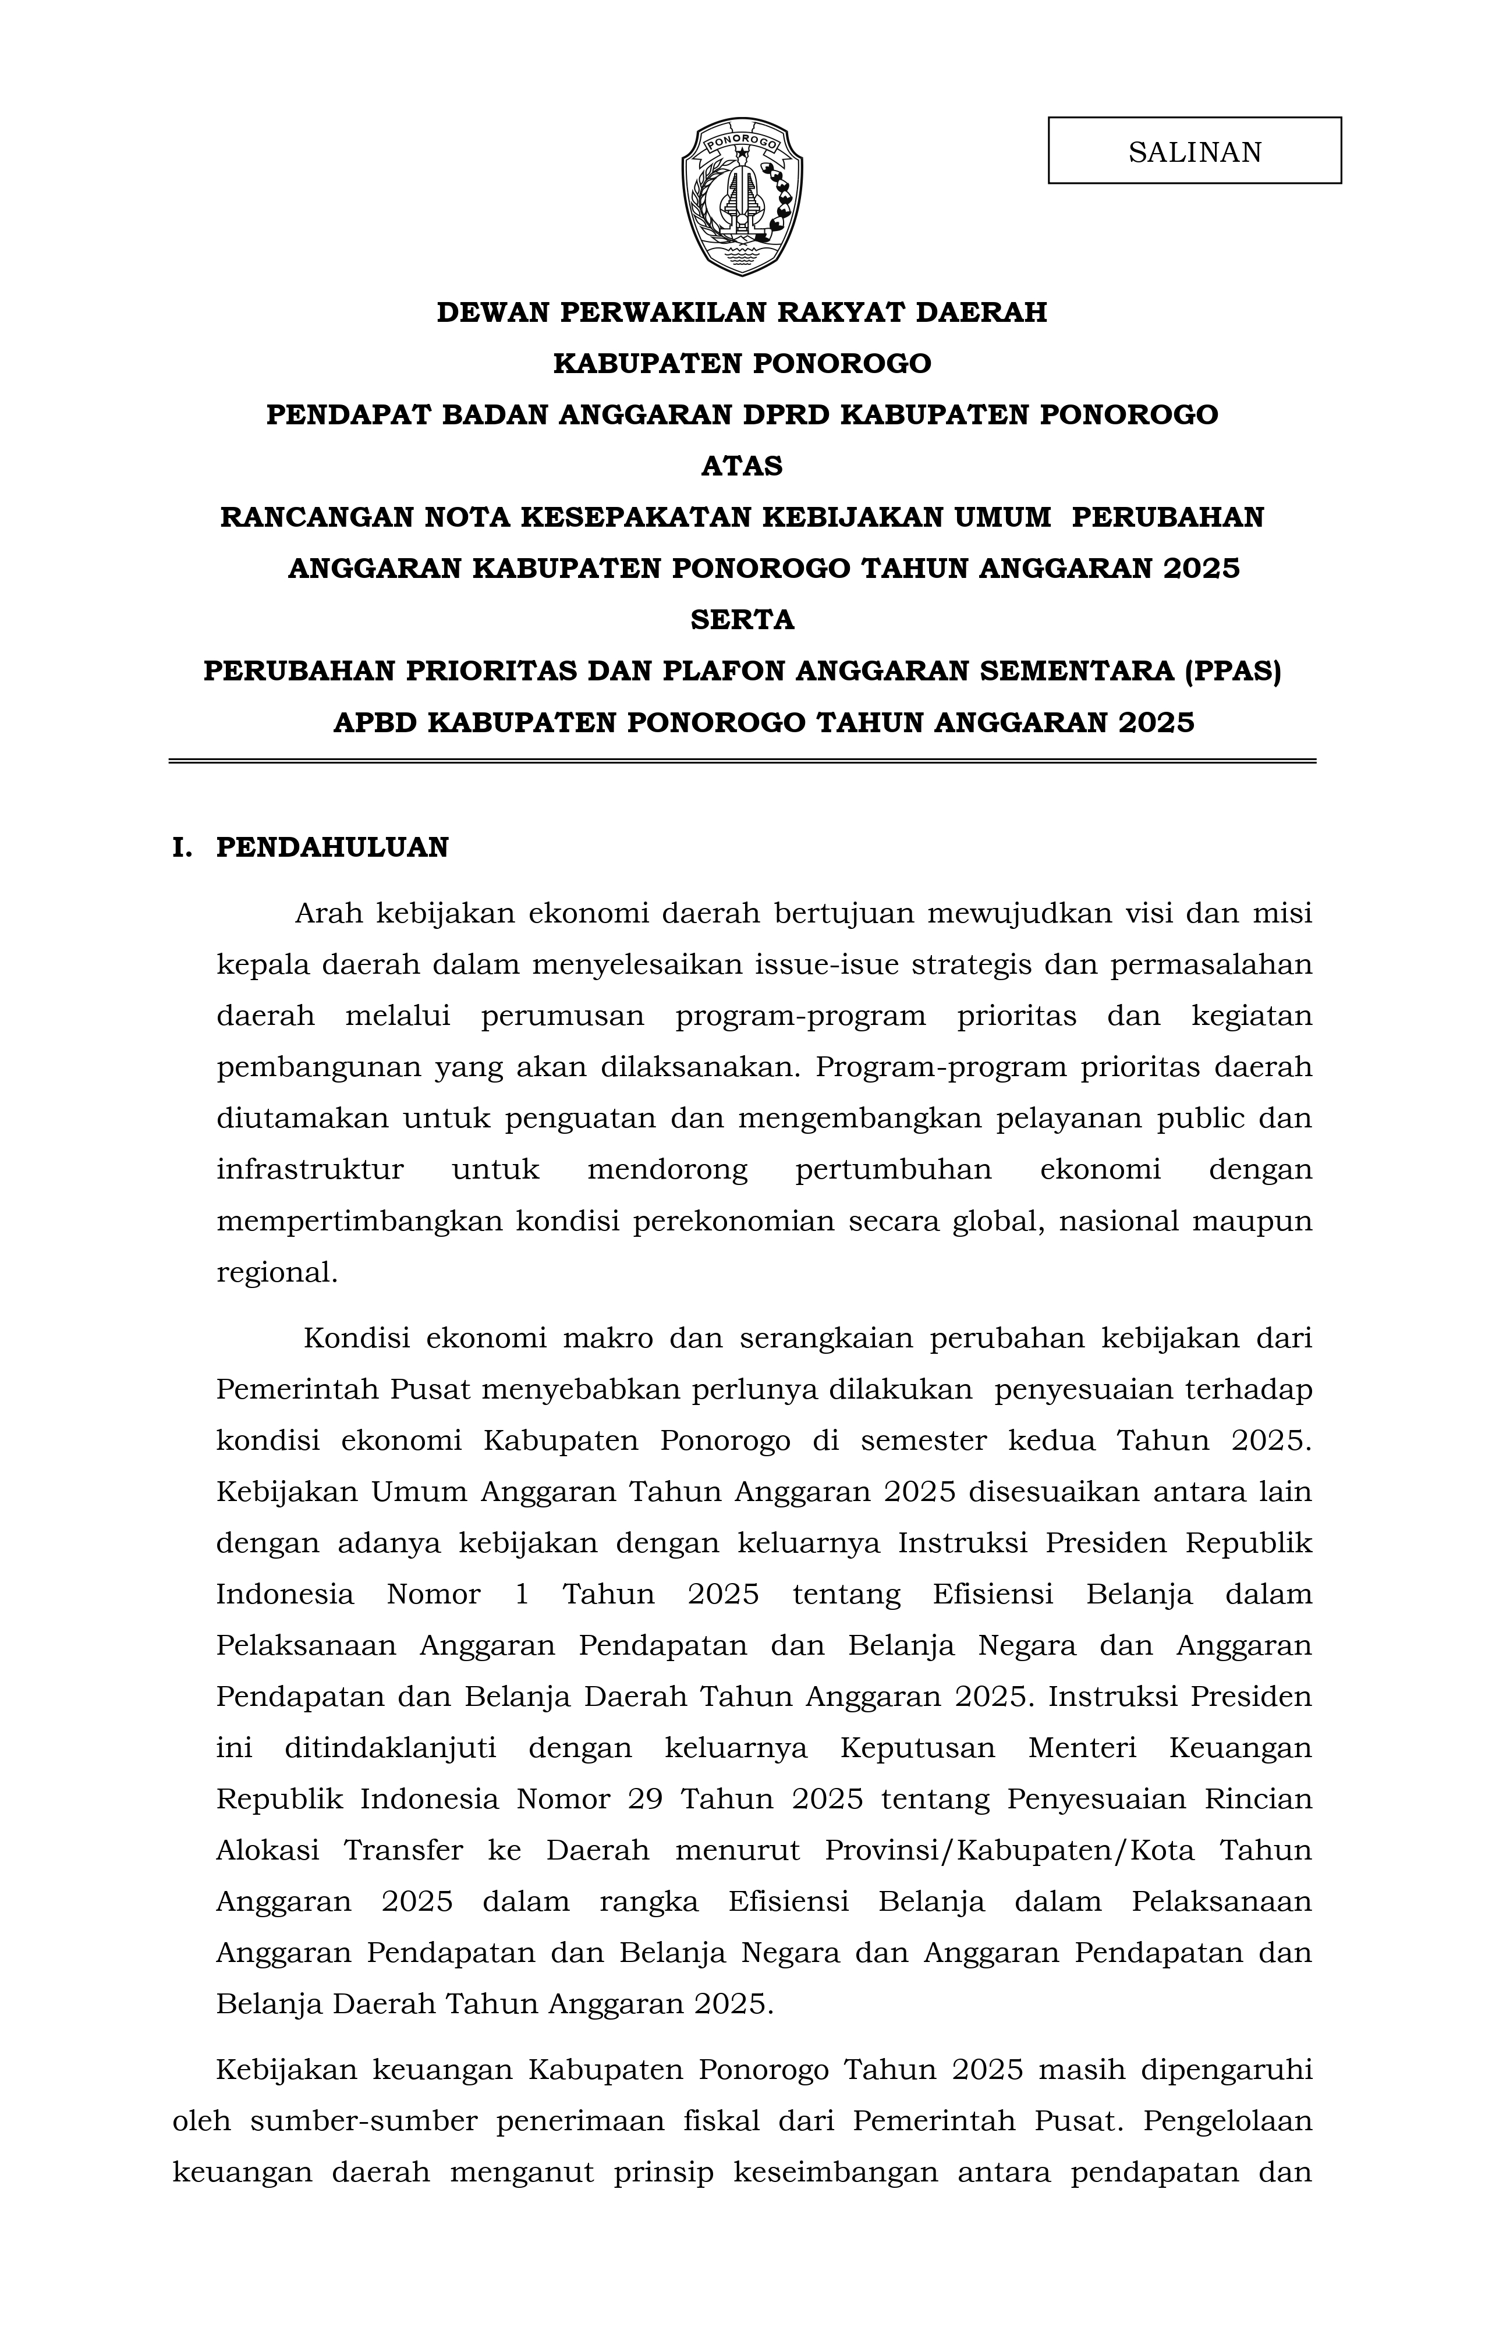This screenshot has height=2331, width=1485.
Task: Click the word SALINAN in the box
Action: [1195, 152]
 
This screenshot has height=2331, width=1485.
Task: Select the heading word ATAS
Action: [742, 467]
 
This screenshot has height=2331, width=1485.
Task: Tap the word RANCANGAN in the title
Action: [317, 518]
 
